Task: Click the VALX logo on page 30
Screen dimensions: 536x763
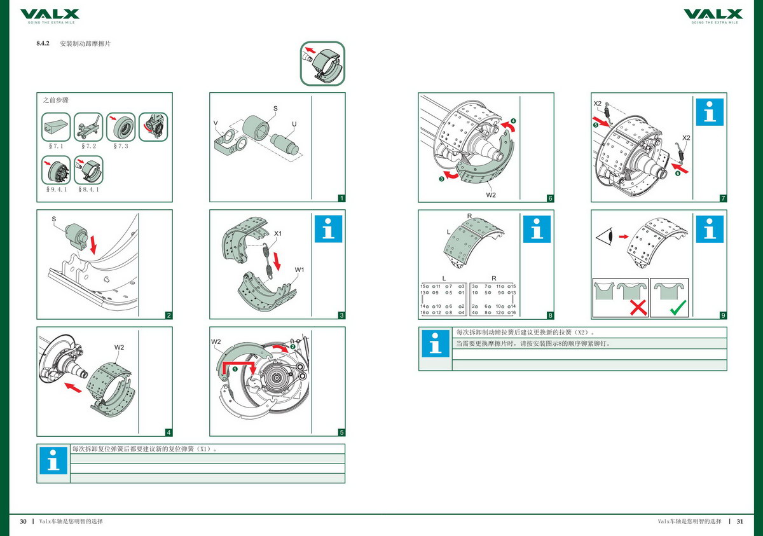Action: click(x=50, y=15)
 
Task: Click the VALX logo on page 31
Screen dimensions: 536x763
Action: click(x=713, y=15)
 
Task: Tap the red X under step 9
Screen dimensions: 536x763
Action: click(x=638, y=308)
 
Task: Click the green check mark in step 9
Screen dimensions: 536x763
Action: click(x=679, y=308)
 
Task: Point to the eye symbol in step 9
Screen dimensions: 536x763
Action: click(x=605, y=237)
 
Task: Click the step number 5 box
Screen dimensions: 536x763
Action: click(x=341, y=432)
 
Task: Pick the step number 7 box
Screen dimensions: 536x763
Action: click(x=723, y=198)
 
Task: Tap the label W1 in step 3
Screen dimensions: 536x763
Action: click(x=299, y=270)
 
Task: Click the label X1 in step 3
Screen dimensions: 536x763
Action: click(x=278, y=233)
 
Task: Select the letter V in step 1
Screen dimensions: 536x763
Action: click(x=216, y=122)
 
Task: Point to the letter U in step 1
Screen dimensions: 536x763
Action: click(x=294, y=123)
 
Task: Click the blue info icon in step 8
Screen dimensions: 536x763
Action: click(x=537, y=228)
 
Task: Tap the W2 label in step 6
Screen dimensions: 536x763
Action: click(x=491, y=195)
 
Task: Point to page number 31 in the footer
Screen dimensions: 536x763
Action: click(x=739, y=521)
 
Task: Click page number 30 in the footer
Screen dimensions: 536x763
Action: click(x=23, y=521)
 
